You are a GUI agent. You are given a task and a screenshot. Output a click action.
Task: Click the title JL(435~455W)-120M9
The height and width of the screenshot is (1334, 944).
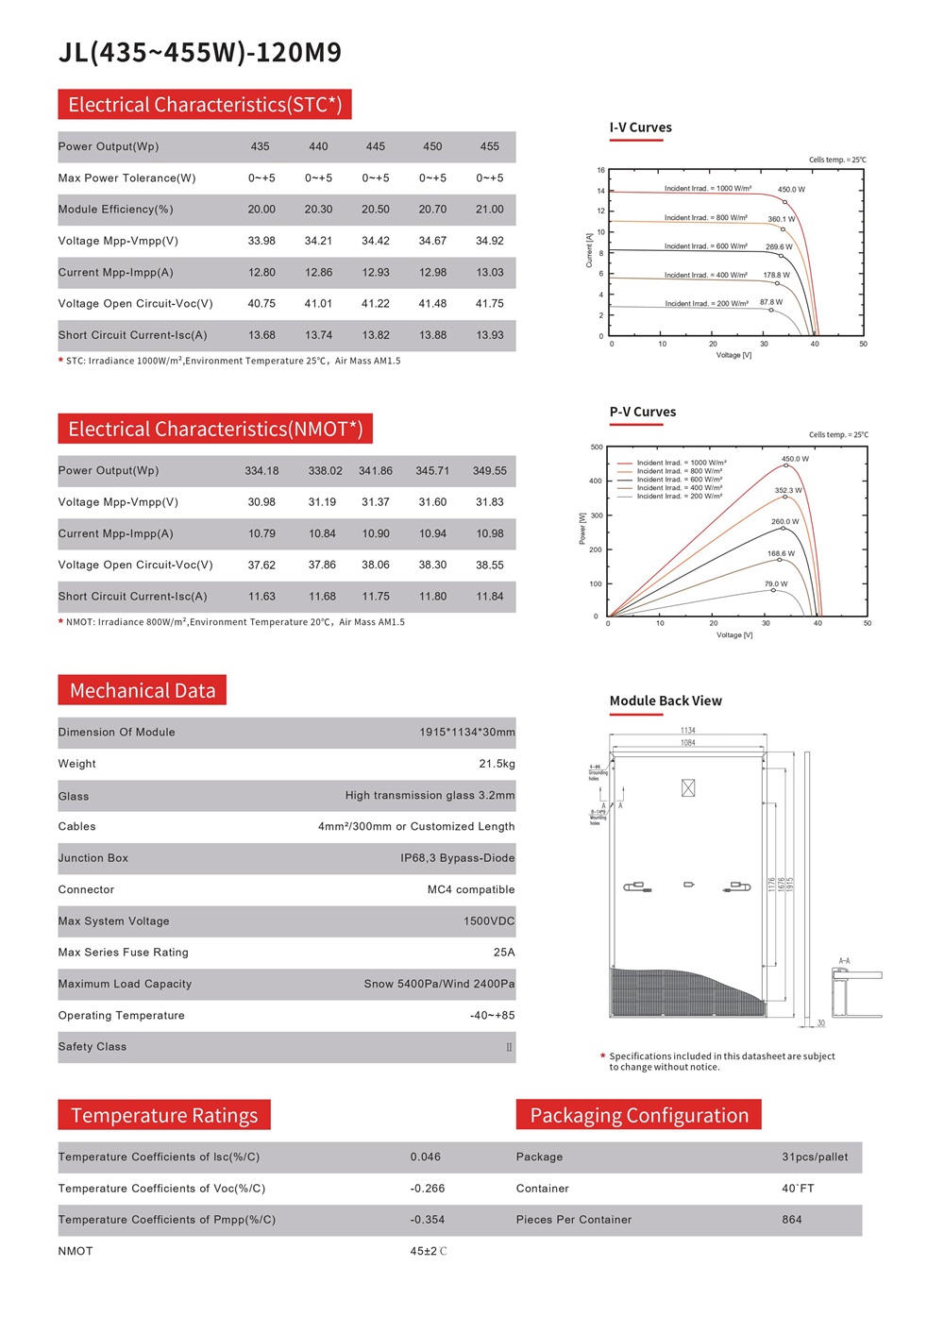click(200, 52)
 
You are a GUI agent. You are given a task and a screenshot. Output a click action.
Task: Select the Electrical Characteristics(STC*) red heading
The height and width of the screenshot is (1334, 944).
click(205, 105)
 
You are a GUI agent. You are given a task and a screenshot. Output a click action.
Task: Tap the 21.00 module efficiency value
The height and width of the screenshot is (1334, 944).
click(489, 210)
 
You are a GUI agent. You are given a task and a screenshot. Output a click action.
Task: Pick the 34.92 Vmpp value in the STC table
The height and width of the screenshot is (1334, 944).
click(489, 241)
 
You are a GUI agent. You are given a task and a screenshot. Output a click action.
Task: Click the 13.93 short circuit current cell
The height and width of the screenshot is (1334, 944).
click(489, 335)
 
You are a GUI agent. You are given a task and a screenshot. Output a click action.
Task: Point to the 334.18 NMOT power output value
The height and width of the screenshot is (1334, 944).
click(261, 471)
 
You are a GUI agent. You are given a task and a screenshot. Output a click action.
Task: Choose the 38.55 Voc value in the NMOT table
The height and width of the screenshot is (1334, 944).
click(489, 566)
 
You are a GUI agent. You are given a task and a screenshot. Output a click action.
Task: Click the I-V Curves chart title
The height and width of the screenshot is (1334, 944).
click(640, 127)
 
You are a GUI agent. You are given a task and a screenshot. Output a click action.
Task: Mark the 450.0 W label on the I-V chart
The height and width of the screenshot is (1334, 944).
click(791, 190)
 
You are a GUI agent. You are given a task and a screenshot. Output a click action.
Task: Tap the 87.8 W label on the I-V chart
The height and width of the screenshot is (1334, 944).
click(771, 302)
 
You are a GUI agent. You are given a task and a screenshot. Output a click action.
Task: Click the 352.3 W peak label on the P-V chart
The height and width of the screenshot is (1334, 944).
click(788, 490)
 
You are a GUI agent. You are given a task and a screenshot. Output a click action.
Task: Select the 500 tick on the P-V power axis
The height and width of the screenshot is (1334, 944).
click(597, 447)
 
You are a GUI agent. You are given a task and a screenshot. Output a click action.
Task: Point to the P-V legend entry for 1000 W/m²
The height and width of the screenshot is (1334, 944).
click(681, 464)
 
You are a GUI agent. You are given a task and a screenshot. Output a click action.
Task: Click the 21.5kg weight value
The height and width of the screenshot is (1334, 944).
click(497, 764)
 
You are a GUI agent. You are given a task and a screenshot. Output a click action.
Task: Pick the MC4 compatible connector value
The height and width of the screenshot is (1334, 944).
click(471, 889)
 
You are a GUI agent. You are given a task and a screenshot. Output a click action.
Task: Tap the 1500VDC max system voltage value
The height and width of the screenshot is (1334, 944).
click(489, 921)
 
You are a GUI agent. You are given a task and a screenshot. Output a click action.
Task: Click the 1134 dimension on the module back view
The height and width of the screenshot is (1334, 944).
click(688, 731)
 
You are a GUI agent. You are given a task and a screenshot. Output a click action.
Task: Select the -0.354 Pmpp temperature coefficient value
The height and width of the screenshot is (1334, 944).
click(427, 1220)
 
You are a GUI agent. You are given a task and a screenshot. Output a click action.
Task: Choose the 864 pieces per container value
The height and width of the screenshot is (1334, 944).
click(791, 1220)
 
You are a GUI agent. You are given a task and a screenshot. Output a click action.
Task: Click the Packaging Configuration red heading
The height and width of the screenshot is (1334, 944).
click(639, 1115)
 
